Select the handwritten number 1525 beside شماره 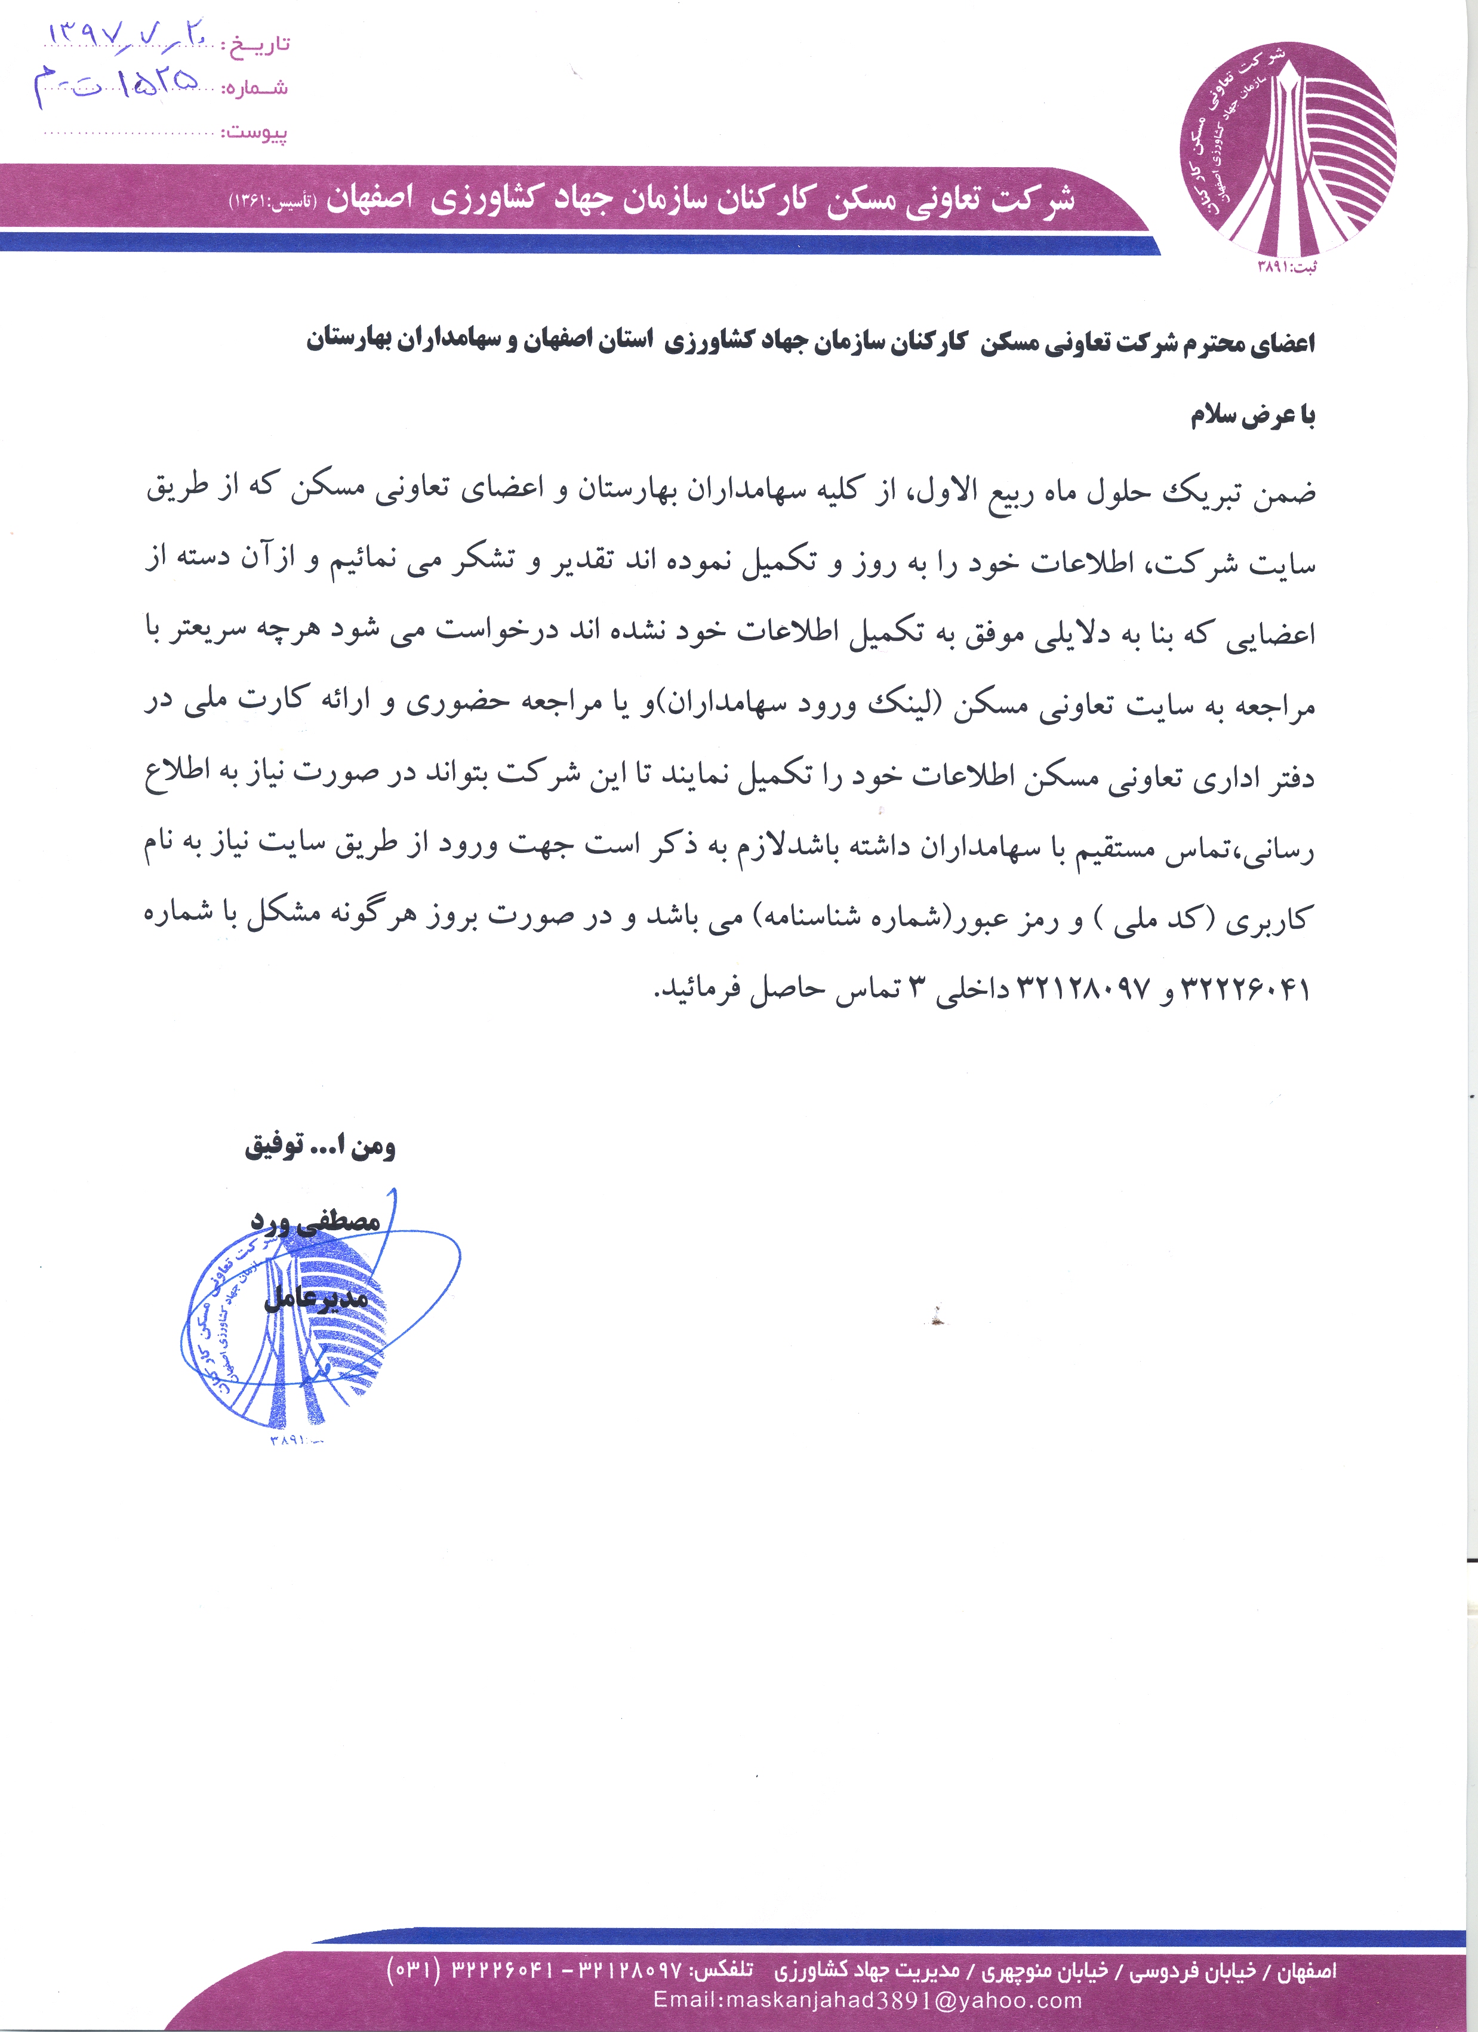tap(116, 86)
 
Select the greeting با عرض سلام tap(1252, 415)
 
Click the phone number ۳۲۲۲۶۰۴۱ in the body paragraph tap(1246, 990)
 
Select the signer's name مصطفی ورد tap(315, 1220)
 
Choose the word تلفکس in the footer tap(723, 1971)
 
